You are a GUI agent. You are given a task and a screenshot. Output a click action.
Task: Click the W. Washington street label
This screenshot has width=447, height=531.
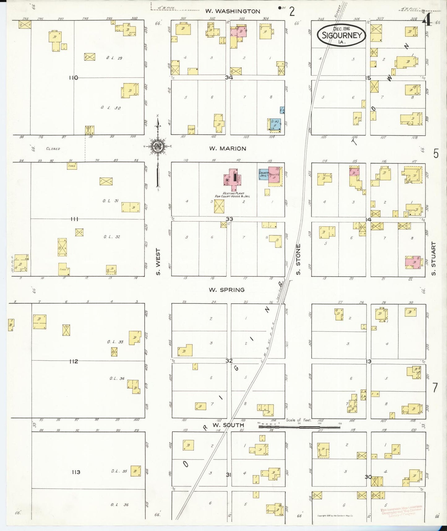(233, 11)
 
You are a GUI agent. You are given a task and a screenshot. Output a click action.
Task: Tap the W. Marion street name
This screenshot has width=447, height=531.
(228, 149)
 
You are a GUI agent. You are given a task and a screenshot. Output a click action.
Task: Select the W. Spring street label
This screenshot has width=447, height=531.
(226, 290)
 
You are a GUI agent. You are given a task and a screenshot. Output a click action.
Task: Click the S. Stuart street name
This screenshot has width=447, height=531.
(433, 259)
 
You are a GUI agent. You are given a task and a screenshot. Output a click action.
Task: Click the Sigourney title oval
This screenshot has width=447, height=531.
(342, 35)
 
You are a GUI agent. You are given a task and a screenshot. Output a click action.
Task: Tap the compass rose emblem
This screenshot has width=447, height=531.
(158, 146)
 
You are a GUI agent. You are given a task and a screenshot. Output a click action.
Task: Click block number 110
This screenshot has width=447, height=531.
(73, 78)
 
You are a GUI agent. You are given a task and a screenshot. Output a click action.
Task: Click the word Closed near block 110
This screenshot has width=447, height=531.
(53, 149)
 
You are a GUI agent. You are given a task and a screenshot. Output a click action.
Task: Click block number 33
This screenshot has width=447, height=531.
(229, 219)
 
